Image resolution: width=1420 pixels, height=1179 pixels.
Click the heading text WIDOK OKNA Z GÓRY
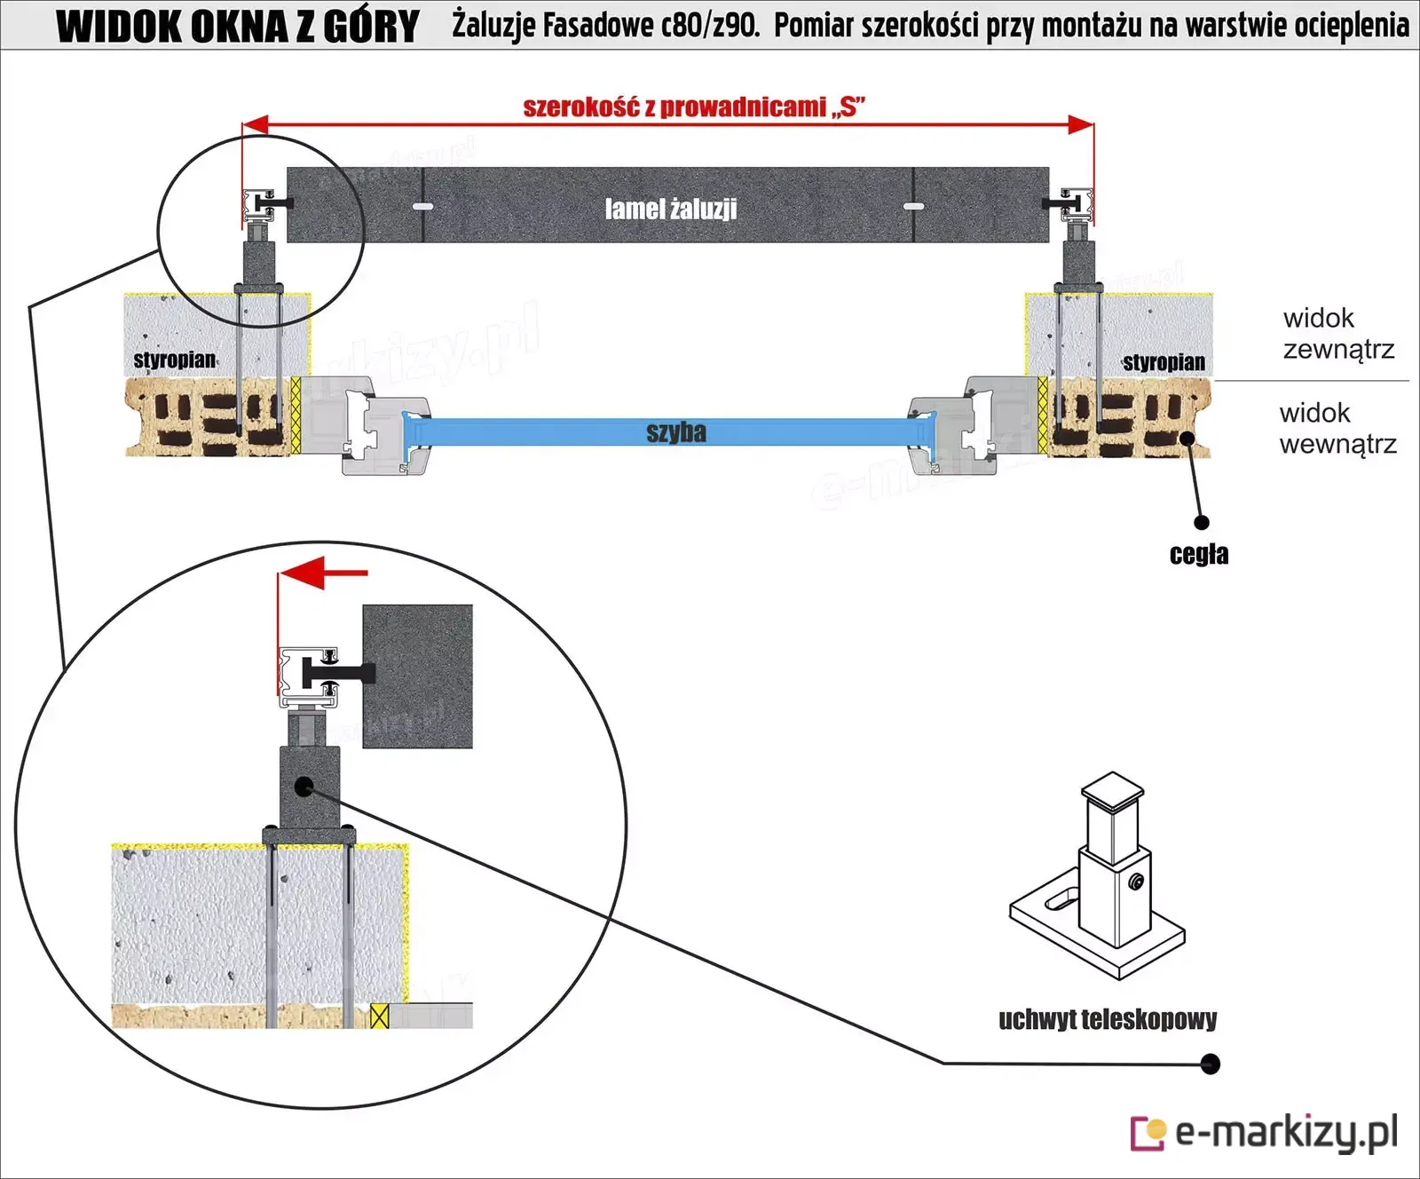coord(238,26)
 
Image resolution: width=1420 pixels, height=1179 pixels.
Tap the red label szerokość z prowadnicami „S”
coord(694,107)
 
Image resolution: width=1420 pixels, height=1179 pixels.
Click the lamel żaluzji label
coord(671,209)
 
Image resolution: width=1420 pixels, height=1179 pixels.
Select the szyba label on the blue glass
coord(676,432)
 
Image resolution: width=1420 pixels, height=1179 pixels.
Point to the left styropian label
coord(175,360)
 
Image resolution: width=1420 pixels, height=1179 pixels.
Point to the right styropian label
coord(1164,362)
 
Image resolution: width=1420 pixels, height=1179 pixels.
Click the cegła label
coord(1199,554)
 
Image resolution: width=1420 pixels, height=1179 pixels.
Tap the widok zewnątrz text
coord(1338,334)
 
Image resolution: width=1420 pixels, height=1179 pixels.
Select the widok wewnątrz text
coord(1337,428)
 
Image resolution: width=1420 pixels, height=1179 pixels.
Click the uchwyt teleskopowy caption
coord(1108,1019)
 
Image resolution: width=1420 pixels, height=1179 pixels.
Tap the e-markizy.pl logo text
coord(1286,1133)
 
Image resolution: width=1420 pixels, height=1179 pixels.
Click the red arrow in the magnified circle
coord(323,573)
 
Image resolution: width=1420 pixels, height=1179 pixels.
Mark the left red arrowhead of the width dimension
coord(256,124)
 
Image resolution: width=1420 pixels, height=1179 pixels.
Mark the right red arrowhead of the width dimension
coord(1081,124)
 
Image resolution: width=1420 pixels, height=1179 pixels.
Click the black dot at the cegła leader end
coord(1202,523)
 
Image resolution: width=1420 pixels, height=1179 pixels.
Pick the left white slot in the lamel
coord(423,207)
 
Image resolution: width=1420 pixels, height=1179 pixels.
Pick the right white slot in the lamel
coord(913,207)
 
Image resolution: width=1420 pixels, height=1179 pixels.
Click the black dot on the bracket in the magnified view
coord(304,787)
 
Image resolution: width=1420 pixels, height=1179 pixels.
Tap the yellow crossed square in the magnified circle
coord(379,1016)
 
